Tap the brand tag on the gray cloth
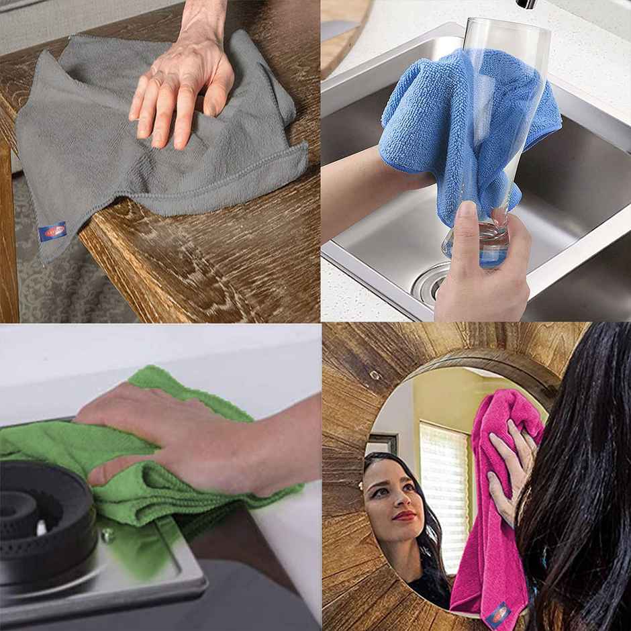click(52, 232)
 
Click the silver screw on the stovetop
click(107, 535)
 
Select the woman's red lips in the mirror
click(405, 516)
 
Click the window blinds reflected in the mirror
click(443, 477)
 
